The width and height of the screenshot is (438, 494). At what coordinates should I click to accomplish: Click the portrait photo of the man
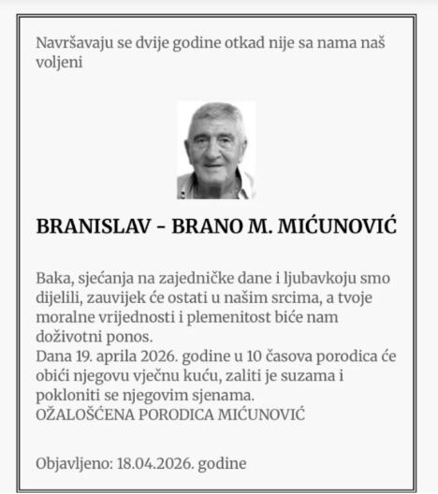tap(216, 150)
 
